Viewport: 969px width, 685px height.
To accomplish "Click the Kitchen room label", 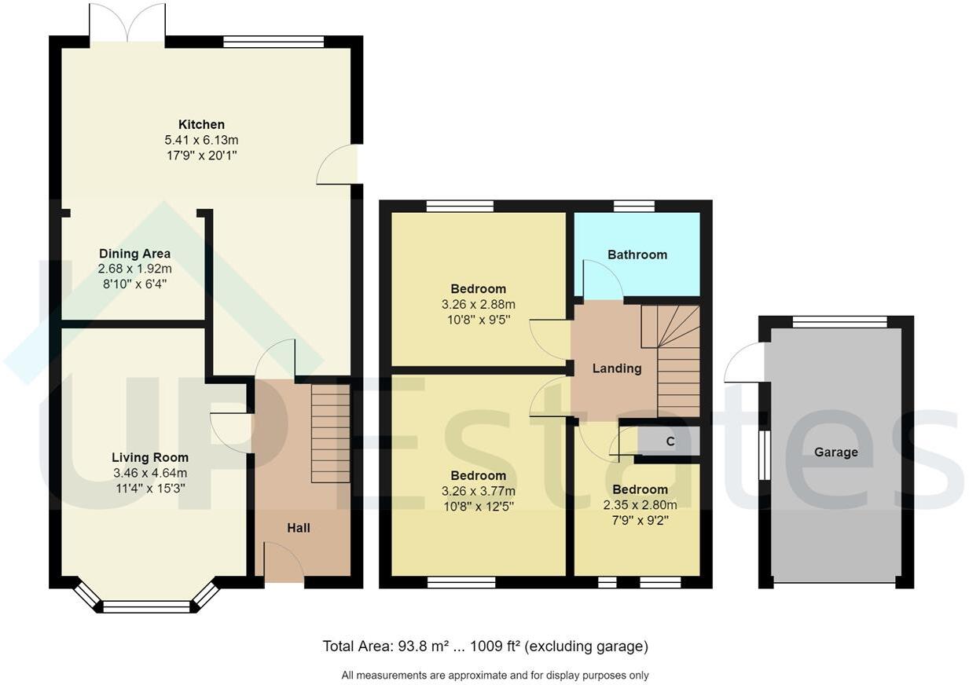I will [201, 124].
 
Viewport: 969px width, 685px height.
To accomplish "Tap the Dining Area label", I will [134, 254].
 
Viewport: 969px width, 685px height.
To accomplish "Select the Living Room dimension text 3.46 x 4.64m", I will [149, 473].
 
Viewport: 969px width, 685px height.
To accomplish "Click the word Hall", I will [298, 528].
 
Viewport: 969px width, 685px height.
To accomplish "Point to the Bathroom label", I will [637, 255].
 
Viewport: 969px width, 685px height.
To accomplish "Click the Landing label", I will [616, 368].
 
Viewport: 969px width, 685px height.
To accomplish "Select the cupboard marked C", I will [670, 441].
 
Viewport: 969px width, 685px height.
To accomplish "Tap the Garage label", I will [835, 452].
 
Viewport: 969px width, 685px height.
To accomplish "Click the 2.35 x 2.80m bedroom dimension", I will [640, 505].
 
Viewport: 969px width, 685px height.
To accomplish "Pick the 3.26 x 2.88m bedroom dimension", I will [478, 304].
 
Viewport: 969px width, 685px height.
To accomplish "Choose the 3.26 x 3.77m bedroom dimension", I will [478, 491].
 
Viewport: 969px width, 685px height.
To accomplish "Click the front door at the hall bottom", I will [284, 566].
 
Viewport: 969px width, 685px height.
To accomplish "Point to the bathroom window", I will [633, 207].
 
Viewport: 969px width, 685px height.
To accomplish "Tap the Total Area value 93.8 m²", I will [418, 647].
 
